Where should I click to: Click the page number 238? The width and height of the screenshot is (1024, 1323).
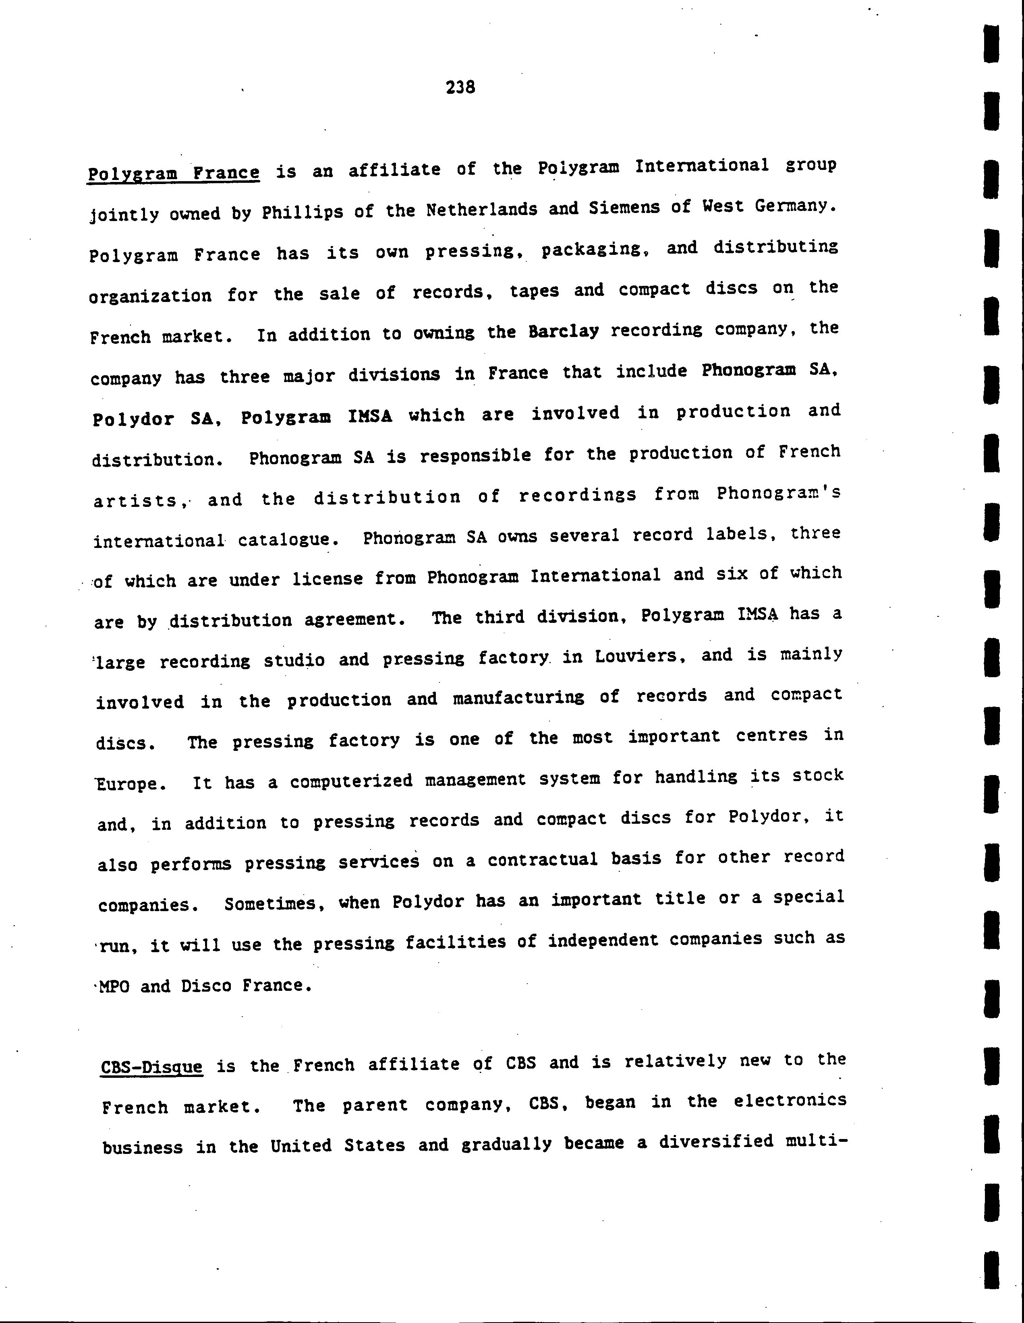(460, 87)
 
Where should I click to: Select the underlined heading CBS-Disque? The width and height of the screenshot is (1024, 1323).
(151, 1066)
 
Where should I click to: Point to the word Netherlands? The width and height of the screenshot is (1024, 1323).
(482, 210)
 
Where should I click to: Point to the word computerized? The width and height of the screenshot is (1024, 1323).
(351, 781)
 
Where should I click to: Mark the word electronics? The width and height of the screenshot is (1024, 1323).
(790, 1100)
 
